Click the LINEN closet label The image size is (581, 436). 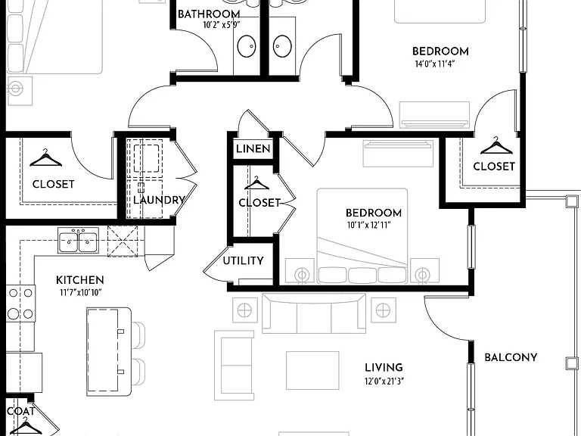253,149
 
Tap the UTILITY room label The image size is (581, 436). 243,261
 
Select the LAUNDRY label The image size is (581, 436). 159,200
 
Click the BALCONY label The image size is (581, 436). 511,357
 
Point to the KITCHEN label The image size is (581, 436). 79,280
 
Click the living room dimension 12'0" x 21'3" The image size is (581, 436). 384,381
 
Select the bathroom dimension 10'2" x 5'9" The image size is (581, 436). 222,25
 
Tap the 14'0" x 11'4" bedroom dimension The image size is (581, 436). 435,64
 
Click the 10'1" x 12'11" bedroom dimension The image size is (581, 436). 369,225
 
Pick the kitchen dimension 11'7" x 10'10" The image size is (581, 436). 80,293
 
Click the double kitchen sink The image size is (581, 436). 78,241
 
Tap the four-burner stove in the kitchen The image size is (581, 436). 20,304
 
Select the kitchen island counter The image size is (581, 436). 109,352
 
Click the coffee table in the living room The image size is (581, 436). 312,370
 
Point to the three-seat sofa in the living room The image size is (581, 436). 314,313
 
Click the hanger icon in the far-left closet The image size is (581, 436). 45,158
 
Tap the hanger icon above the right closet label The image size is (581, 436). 496,146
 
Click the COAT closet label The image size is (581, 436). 20,411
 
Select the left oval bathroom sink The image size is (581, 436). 247,46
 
